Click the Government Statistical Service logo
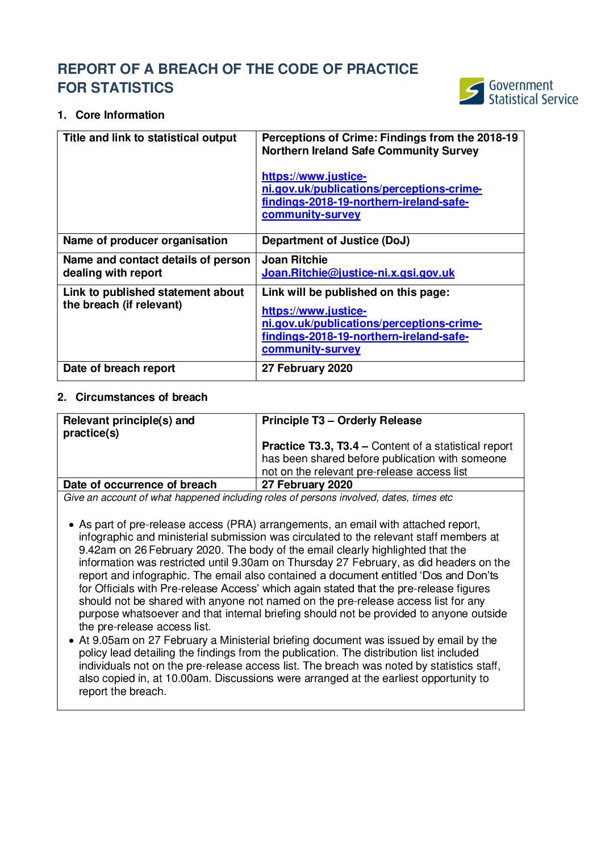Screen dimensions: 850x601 pyautogui.click(x=518, y=92)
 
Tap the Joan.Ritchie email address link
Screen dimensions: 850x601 pyautogui.click(x=358, y=273)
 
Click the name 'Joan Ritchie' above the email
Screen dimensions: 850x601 pyautogui.click(x=294, y=260)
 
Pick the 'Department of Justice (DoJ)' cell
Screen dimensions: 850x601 pyautogui.click(x=335, y=241)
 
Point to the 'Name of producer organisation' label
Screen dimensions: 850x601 pyautogui.click(x=145, y=241)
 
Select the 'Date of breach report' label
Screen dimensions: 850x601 pyautogui.click(x=119, y=369)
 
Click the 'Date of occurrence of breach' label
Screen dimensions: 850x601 pyautogui.click(x=140, y=485)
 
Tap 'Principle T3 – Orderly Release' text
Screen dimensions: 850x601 pyautogui.click(x=341, y=421)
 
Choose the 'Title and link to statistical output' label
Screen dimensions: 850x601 pyautogui.click(x=149, y=138)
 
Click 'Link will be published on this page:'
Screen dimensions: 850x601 pyautogui.click(x=355, y=292)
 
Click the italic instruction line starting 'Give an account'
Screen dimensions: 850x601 pyautogui.click(x=258, y=498)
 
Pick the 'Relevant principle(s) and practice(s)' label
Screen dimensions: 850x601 pyautogui.click(x=129, y=427)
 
